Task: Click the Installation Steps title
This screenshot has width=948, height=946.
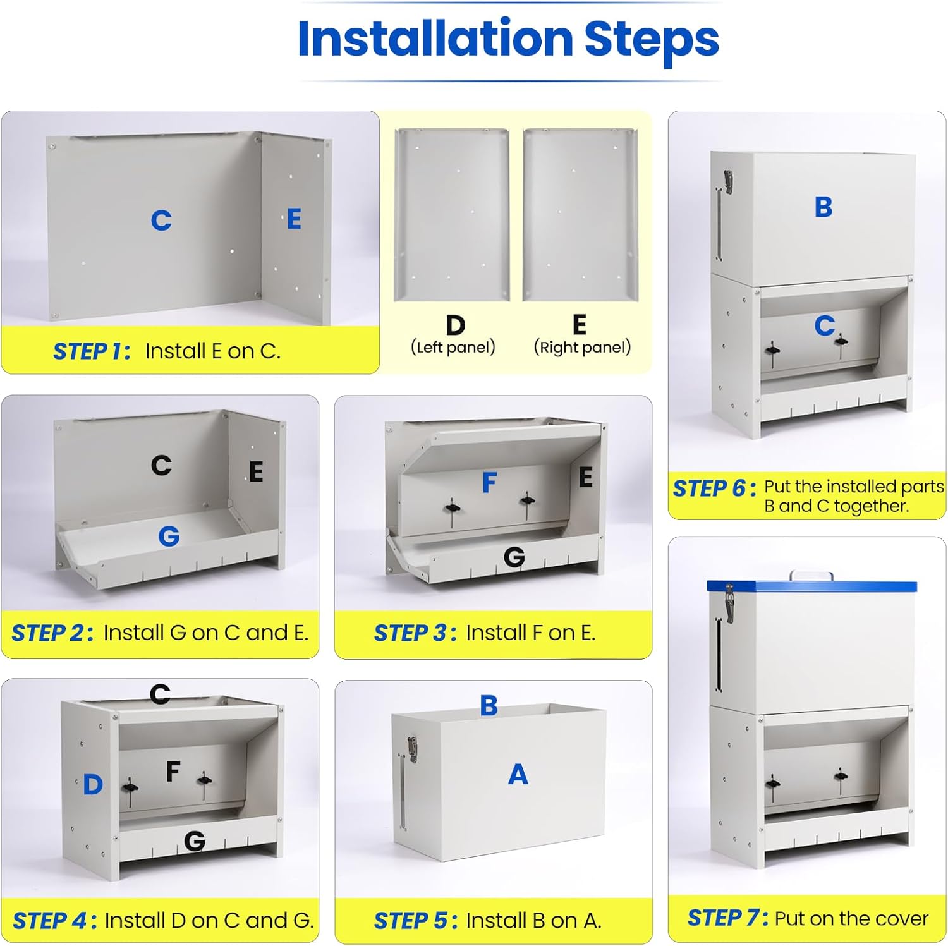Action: tap(508, 39)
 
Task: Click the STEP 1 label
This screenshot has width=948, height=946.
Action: tap(92, 351)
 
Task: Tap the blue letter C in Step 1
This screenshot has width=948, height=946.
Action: tap(161, 221)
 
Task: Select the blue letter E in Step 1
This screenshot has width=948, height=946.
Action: tap(294, 219)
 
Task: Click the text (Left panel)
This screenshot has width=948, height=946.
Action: tap(453, 347)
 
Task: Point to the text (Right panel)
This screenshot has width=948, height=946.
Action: tap(583, 347)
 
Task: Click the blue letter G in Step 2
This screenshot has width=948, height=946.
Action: tap(169, 536)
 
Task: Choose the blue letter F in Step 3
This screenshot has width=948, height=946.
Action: tap(489, 482)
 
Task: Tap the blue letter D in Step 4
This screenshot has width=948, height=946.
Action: tap(93, 785)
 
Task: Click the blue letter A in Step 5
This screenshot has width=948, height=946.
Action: tap(518, 774)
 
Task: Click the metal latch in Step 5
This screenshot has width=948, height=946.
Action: tap(412, 749)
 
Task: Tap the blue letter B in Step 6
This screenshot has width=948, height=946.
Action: tap(823, 207)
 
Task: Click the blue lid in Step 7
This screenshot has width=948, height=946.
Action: tap(811, 586)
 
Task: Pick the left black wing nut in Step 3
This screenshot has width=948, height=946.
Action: tap(452, 506)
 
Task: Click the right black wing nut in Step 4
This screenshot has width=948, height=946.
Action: tap(204, 780)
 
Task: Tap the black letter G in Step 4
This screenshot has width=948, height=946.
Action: tap(195, 841)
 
